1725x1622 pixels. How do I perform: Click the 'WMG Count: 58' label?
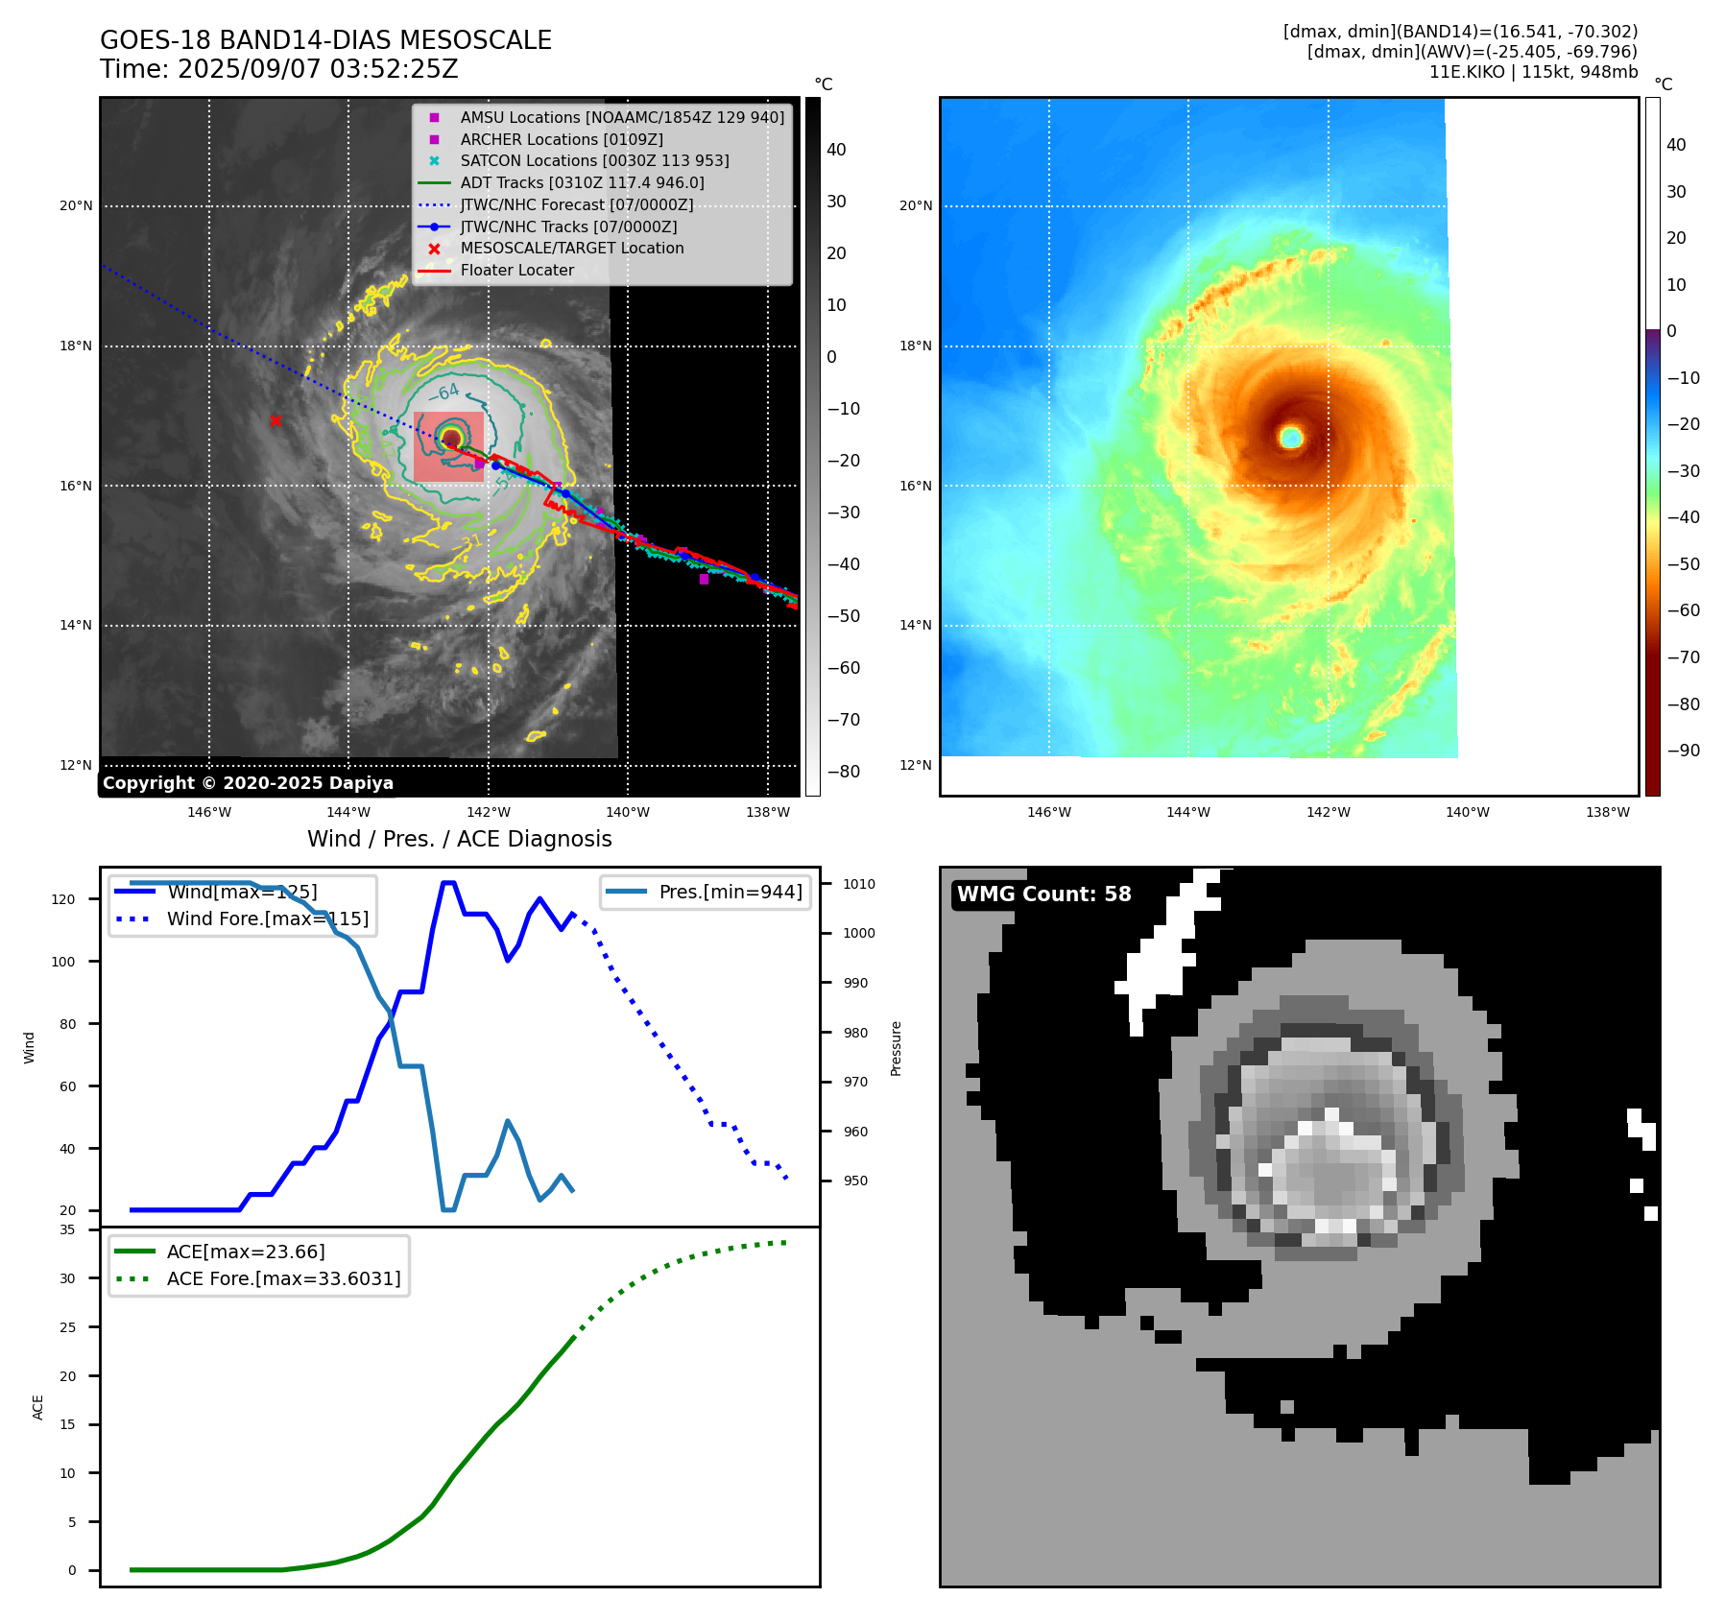tap(1043, 894)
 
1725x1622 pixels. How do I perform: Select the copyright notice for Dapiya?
tap(248, 783)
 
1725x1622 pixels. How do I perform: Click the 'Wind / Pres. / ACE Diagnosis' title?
tap(459, 839)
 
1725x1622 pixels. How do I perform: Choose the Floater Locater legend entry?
tap(516, 270)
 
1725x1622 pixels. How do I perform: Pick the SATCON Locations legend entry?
tap(594, 160)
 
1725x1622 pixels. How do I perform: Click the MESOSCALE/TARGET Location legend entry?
tap(571, 248)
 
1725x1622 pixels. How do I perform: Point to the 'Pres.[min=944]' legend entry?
tap(730, 892)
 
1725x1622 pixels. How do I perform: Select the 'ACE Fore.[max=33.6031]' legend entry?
tap(283, 1278)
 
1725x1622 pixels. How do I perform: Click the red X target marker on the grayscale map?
tap(276, 420)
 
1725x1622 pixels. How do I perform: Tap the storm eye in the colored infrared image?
tap(1291, 438)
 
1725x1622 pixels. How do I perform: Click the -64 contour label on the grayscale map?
tap(444, 393)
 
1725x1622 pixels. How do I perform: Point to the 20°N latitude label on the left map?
tap(76, 205)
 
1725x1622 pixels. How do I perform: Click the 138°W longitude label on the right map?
tap(1607, 812)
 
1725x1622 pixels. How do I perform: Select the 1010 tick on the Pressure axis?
tap(859, 884)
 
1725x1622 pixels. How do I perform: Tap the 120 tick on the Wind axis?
tap(62, 899)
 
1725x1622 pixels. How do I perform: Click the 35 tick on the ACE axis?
tap(67, 1229)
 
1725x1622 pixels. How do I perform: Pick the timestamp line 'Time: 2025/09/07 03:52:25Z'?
tap(279, 69)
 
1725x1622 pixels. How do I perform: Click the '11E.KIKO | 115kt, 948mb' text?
tap(1533, 72)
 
